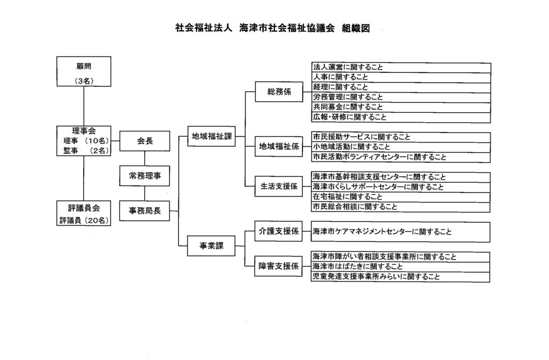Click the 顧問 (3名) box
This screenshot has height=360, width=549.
84,71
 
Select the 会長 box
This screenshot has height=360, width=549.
145,141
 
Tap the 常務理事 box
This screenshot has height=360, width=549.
145,176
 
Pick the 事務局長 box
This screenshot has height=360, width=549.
145,211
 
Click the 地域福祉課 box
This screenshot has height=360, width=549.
211,136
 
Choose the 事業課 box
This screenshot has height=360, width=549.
211,246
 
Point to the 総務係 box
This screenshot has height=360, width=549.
279,92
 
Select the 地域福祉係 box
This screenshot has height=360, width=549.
279,146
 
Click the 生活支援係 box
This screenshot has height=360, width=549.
279,186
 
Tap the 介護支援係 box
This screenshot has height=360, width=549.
278,231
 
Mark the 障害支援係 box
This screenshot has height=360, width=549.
278,266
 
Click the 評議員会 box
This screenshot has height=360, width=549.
84,213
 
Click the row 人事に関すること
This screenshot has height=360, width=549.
401,77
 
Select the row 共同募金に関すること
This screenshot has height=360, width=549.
401,107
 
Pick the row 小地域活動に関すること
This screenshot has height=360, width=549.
401,147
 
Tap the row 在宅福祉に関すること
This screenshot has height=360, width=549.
401,197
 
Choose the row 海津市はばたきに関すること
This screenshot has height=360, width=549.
400,267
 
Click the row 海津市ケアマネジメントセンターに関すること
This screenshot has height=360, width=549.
400,232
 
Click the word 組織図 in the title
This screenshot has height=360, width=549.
356,28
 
